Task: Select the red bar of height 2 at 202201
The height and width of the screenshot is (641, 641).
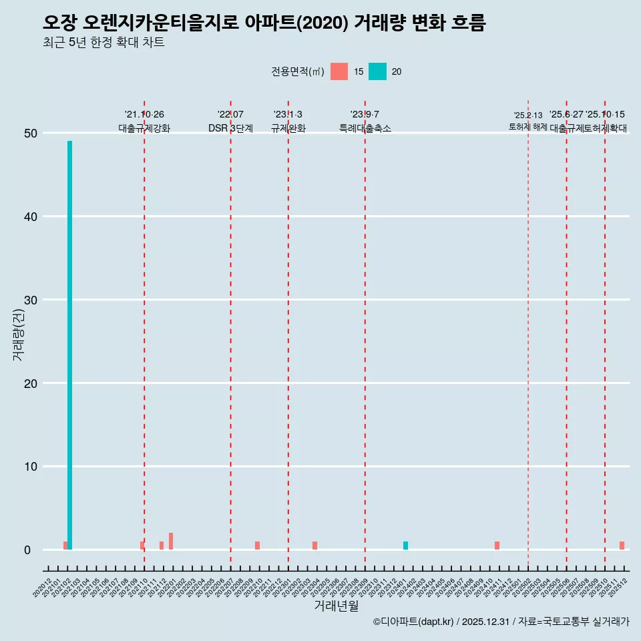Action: point(171,542)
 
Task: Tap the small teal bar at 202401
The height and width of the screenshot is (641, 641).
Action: point(405,546)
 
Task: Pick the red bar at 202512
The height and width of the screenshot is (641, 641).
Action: point(622,546)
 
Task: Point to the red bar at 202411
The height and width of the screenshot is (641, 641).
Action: point(497,546)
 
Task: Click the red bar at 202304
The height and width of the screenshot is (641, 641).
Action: point(314,546)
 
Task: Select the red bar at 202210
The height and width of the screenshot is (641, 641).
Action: point(257,546)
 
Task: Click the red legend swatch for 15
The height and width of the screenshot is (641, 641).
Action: point(339,71)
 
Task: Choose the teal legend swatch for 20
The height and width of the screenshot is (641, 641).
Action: point(377,71)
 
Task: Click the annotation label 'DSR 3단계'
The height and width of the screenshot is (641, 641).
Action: point(230,128)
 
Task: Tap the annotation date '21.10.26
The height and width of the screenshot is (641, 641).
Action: point(144,114)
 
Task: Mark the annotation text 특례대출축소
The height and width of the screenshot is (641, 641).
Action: point(365,128)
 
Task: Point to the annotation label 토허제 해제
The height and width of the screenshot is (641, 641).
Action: point(527,126)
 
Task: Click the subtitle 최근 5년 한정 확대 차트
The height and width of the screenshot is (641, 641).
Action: point(103,43)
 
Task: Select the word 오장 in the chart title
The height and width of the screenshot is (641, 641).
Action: point(60,23)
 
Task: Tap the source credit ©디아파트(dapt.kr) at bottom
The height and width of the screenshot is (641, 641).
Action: point(414,622)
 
